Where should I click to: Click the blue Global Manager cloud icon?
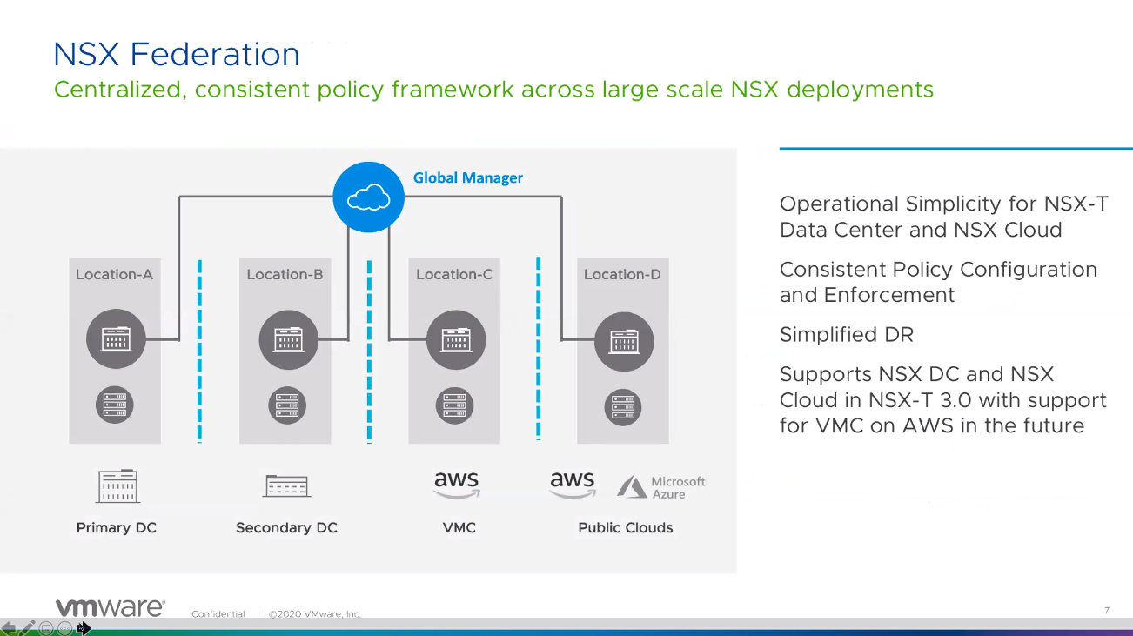(x=368, y=197)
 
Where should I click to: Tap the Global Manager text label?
(x=467, y=177)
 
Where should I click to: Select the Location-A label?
(x=114, y=274)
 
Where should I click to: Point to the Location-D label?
(x=622, y=274)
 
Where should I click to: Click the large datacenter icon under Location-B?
(x=288, y=339)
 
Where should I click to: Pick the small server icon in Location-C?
(x=454, y=405)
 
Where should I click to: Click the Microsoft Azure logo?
(x=661, y=487)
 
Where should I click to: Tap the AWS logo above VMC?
(x=456, y=484)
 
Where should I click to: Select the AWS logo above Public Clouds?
(x=572, y=484)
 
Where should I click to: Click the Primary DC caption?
(x=116, y=527)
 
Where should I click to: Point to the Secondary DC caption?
(x=286, y=527)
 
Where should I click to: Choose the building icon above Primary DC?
(x=117, y=485)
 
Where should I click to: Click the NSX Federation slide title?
(x=177, y=54)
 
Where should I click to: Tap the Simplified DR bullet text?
(x=846, y=334)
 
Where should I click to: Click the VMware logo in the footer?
(x=110, y=607)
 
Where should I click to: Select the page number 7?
(x=1106, y=610)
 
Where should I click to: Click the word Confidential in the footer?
(x=218, y=613)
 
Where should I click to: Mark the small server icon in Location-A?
(x=114, y=405)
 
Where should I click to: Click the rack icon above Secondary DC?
(x=286, y=485)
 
